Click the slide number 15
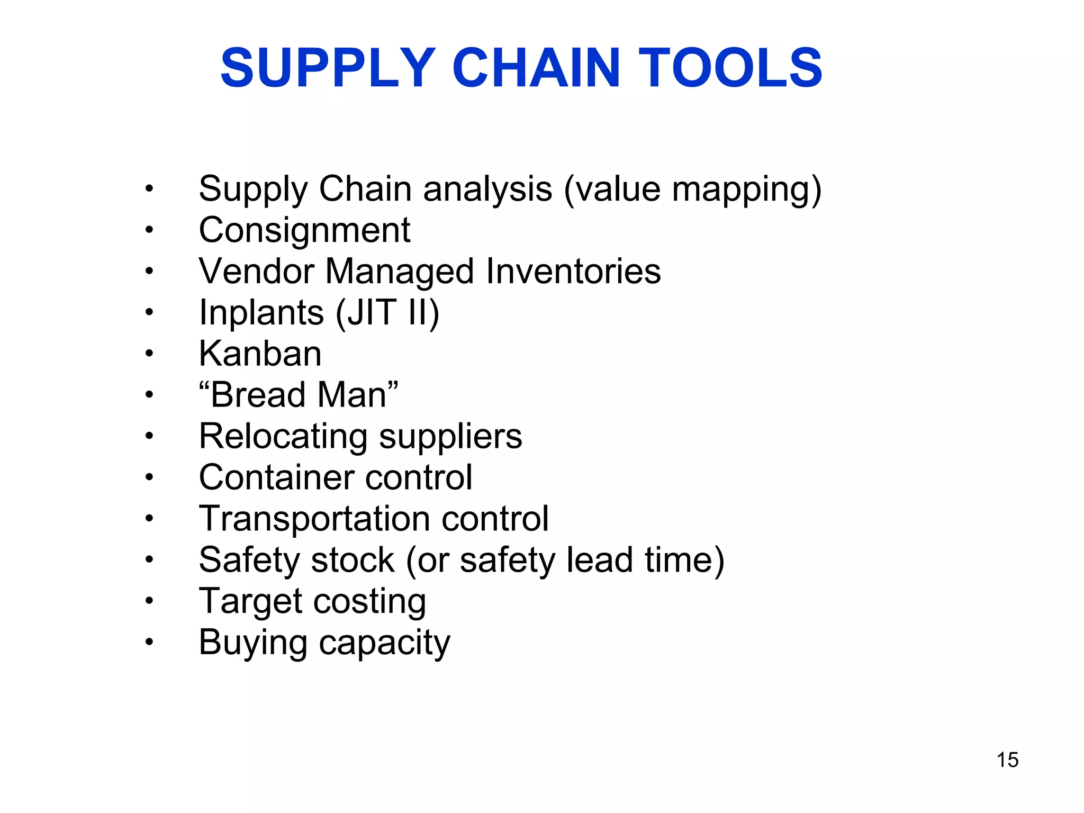pyautogui.click(x=1007, y=760)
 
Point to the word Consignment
pyautogui.click(x=304, y=230)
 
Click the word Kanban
pyautogui.click(x=260, y=354)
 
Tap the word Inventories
pyautogui.click(x=573, y=271)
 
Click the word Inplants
pyautogui.click(x=261, y=312)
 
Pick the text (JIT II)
pyautogui.click(x=387, y=312)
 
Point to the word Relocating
pyautogui.click(x=283, y=436)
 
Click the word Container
pyautogui.click(x=276, y=477)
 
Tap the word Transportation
pyautogui.click(x=314, y=519)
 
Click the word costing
pyautogui.click(x=369, y=602)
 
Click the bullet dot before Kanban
pyautogui.click(x=149, y=354)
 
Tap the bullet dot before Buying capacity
pyautogui.click(x=149, y=643)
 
